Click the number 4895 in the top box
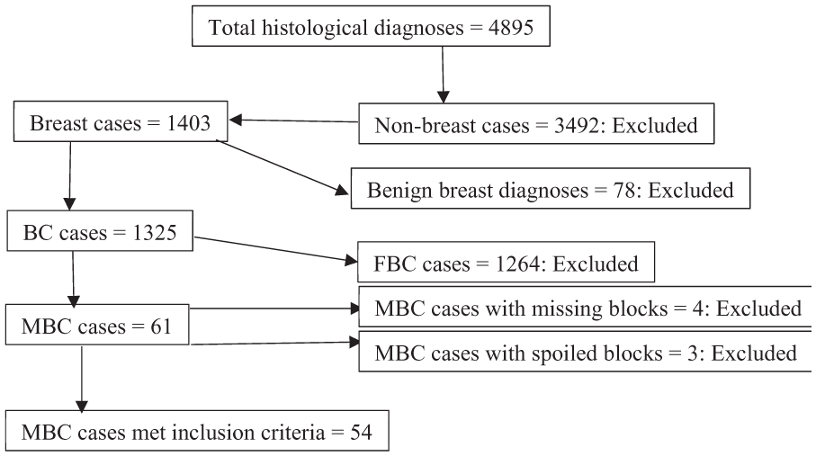coord(510,28)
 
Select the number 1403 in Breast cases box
coord(188,123)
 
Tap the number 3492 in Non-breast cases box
coord(576,125)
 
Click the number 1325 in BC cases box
coord(155,233)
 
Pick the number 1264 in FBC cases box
coord(517,264)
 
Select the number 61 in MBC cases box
coord(161,326)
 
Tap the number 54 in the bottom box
coord(361,433)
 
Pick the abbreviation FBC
coord(395,264)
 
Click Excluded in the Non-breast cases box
coord(655,125)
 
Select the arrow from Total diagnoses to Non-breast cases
coord(443,75)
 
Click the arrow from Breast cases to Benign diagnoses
coord(282,167)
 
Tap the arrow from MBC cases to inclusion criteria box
coord(82,380)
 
